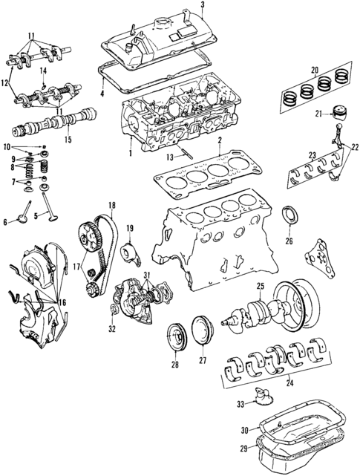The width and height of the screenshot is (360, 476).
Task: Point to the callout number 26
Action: tap(289, 241)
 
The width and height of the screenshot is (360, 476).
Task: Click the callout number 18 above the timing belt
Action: tap(112, 204)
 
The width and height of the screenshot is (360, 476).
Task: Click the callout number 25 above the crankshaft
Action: tap(261, 287)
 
